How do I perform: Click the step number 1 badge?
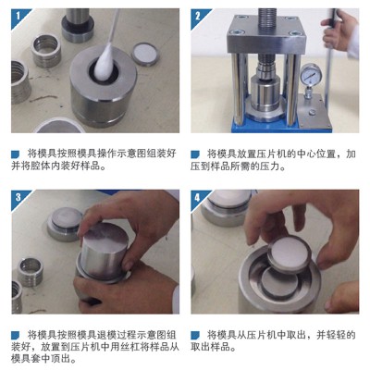tap(18, 16)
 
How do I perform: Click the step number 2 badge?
tap(198, 16)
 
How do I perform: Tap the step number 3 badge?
tap(18, 197)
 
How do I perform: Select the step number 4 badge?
tap(198, 197)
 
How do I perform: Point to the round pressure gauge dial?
tap(311, 74)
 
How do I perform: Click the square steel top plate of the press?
tap(266, 36)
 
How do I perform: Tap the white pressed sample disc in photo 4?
tap(289, 253)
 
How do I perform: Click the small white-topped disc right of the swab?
tap(145, 54)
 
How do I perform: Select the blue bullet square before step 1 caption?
tap(16, 154)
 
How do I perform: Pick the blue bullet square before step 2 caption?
tap(195, 154)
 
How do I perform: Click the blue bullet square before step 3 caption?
tap(16, 335)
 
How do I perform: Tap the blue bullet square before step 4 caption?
tap(195, 335)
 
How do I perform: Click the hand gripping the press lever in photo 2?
tap(339, 30)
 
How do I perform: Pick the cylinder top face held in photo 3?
tap(105, 237)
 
